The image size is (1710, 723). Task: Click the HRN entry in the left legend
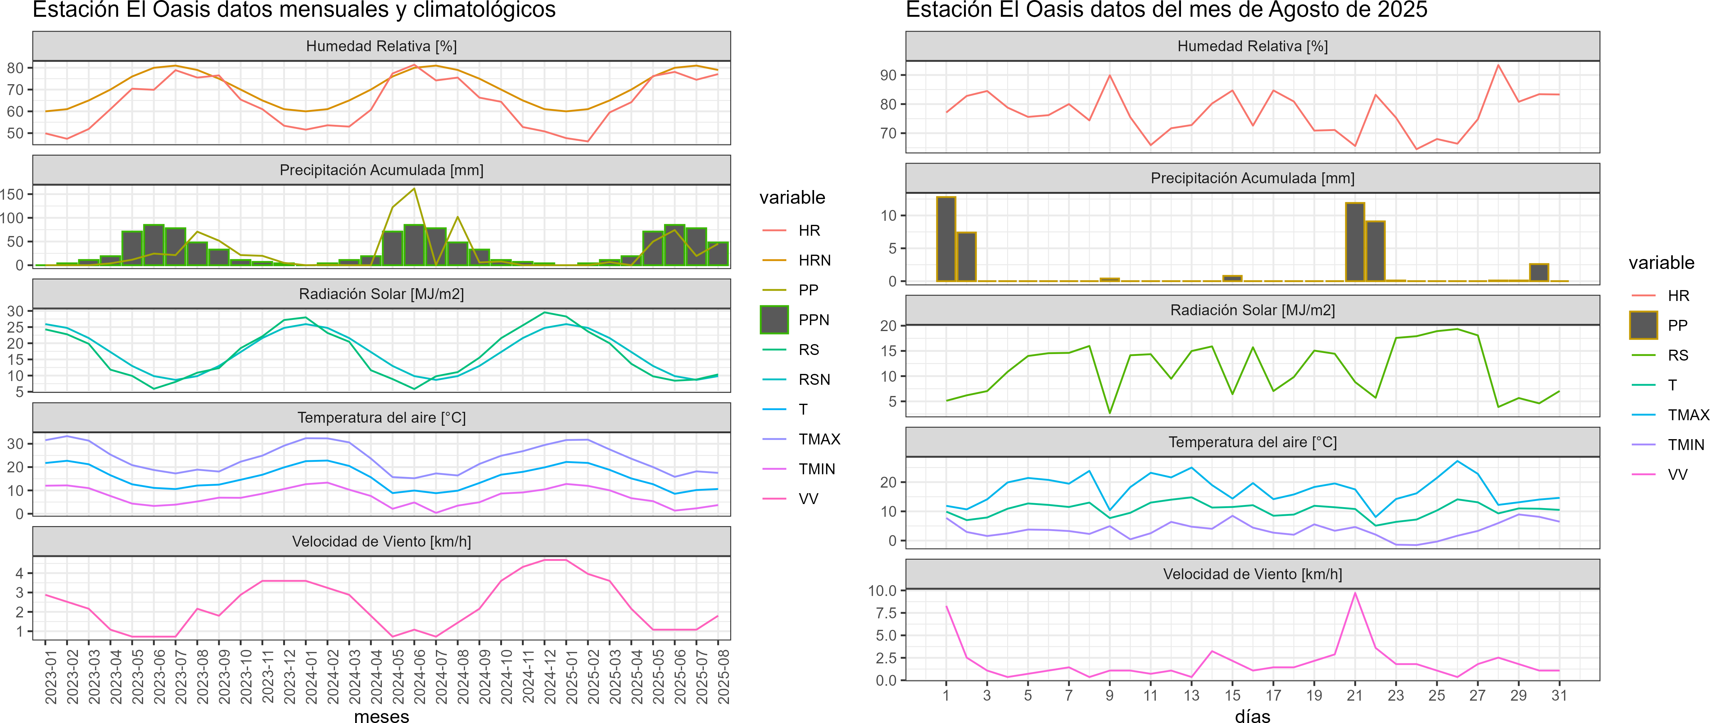click(x=814, y=260)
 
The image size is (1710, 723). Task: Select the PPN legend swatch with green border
click(x=774, y=320)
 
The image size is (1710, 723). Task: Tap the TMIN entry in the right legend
click(x=1685, y=445)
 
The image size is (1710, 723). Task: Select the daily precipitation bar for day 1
click(x=946, y=239)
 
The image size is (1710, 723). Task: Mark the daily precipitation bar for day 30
click(x=1539, y=273)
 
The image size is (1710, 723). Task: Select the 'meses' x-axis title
click(x=382, y=716)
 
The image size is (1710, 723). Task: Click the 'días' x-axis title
click(x=1253, y=716)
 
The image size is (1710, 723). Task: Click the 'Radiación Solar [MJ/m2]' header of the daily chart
click(x=1253, y=310)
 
